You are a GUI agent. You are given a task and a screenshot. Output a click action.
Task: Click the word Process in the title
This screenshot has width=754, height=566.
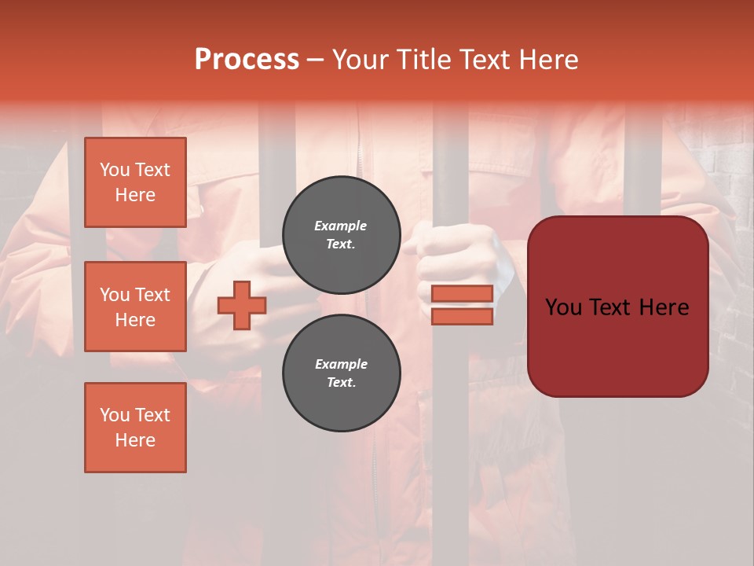pyautogui.click(x=247, y=60)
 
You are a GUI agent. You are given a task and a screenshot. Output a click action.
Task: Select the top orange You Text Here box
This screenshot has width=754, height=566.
pyautogui.click(x=135, y=182)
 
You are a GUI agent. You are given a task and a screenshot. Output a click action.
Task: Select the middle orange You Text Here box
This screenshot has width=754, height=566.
pyautogui.click(x=135, y=307)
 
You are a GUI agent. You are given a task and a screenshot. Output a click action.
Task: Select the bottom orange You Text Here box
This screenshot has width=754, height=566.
pyautogui.click(x=135, y=427)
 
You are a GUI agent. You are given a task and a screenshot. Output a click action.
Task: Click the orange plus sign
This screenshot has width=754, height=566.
pyautogui.click(x=242, y=305)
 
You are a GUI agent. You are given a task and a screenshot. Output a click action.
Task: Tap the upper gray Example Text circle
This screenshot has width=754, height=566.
pyautogui.click(x=341, y=235)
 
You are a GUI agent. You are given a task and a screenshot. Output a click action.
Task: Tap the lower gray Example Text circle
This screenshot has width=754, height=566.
pyautogui.click(x=341, y=373)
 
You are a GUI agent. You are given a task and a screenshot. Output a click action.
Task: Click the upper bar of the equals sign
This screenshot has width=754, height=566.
pyautogui.click(x=462, y=293)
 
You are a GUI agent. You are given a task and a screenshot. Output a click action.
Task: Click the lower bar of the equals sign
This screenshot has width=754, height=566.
pyautogui.click(x=462, y=316)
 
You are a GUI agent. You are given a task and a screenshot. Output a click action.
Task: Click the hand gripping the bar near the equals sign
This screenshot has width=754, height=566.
pyautogui.click(x=456, y=252)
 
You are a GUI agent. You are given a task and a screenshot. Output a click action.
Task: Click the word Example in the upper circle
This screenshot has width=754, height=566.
pyautogui.click(x=341, y=226)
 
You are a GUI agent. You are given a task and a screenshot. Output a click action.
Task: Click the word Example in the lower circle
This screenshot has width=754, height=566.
pyautogui.click(x=341, y=364)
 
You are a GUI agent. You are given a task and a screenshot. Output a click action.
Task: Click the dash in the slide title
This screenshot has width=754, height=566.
pyautogui.click(x=315, y=61)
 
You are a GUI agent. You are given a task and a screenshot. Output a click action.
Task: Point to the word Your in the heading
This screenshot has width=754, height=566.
pyautogui.click(x=357, y=60)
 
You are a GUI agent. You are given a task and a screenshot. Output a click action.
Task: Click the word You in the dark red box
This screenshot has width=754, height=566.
pyautogui.click(x=564, y=307)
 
